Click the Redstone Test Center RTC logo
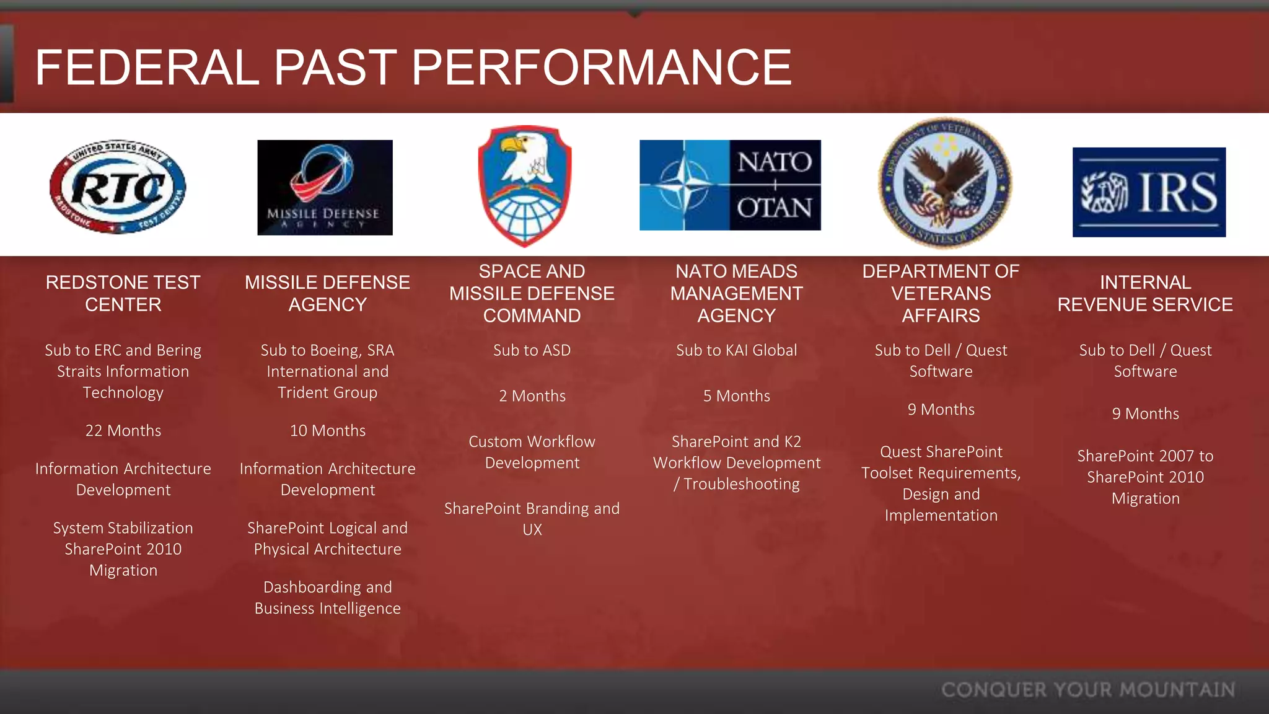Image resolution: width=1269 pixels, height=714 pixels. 118,187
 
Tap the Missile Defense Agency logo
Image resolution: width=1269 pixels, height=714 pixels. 325,187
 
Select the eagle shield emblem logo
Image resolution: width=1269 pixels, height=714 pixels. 525,186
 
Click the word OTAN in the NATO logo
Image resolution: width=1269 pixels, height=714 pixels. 775,208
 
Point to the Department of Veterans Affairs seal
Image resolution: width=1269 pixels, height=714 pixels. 945,183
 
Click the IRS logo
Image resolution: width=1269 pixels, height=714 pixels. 1149,192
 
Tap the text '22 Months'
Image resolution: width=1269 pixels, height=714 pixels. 123,431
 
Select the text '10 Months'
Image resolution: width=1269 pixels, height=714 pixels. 328,431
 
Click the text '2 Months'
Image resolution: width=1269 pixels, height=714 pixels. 532,396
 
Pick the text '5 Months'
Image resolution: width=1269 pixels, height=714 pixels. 736,396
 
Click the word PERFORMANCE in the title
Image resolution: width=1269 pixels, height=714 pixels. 601,68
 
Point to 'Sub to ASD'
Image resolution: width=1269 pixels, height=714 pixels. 532,350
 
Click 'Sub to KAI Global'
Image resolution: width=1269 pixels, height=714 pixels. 736,350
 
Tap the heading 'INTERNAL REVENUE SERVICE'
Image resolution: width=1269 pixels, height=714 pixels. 1145,294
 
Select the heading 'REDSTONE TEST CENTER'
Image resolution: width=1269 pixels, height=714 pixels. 123,294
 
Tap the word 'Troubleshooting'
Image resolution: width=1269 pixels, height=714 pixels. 742,484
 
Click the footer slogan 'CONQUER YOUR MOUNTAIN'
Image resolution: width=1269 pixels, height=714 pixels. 1088,690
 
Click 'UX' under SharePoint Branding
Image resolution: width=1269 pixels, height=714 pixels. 532,530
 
